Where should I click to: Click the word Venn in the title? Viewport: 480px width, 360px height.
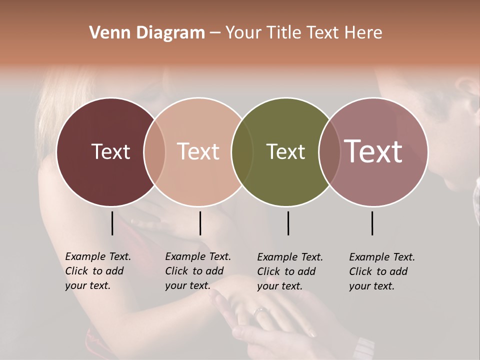click(103, 33)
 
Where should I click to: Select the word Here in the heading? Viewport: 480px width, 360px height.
click(364, 33)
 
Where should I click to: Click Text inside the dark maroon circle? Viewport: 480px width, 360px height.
click(110, 151)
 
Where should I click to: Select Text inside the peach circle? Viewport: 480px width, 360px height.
click(198, 151)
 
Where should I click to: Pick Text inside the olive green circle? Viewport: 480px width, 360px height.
click(285, 151)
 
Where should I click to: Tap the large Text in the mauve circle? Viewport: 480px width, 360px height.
click(373, 151)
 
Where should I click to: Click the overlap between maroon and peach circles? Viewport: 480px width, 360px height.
click(154, 151)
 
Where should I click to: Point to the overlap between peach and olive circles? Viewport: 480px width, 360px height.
click(241, 151)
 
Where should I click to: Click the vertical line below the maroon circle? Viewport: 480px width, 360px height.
click(112, 223)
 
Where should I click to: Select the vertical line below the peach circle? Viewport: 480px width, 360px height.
click(200, 223)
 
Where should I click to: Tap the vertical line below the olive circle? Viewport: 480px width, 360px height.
click(288, 223)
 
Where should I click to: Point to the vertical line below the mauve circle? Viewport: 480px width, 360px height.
click(372, 223)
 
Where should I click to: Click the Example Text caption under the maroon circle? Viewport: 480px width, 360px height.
click(97, 271)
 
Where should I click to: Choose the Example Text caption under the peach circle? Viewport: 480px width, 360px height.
click(197, 271)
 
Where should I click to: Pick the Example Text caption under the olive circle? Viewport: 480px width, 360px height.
click(289, 271)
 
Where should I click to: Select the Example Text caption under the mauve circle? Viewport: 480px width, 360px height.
click(381, 271)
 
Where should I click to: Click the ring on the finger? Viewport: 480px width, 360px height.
click(260, 312)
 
